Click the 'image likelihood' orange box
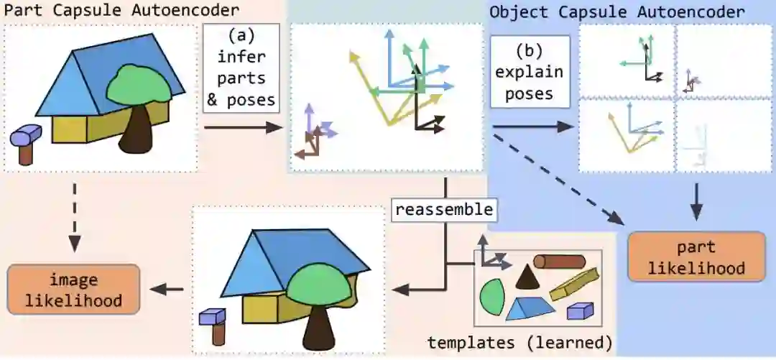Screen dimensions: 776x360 click(73, 289)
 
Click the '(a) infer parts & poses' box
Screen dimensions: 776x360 click(241, 68)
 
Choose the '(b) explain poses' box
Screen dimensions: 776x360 click(530, 72)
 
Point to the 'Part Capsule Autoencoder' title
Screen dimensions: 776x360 click(121, 10)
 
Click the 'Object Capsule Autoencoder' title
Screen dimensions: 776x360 click(616, 11)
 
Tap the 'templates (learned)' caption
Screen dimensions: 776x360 click(519, 341)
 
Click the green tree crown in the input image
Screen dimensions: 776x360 click(138, 86)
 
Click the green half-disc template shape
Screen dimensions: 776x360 click(491, 296)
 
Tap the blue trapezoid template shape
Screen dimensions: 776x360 click(532, 308)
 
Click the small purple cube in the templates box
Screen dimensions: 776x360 click(580, 310)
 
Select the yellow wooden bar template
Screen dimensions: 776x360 click(575, 283)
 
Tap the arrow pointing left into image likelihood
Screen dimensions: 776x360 click(167, 290)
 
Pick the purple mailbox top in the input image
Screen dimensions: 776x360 click(27, 134)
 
